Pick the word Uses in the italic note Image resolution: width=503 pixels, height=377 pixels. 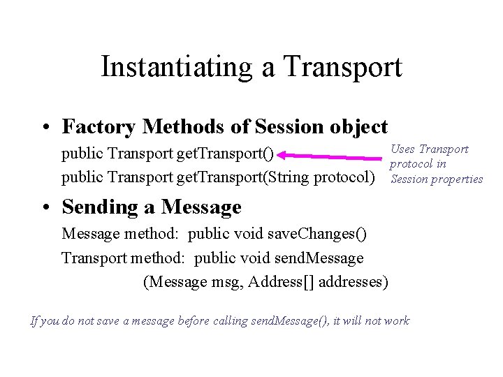[x=402, y=149]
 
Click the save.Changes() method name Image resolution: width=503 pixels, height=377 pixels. [x=316, y=233]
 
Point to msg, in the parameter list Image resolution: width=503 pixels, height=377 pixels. [x=227, y=282]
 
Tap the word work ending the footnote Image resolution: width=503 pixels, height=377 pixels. [x=396, y=321]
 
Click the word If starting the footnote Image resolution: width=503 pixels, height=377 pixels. [x=36, y=321]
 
